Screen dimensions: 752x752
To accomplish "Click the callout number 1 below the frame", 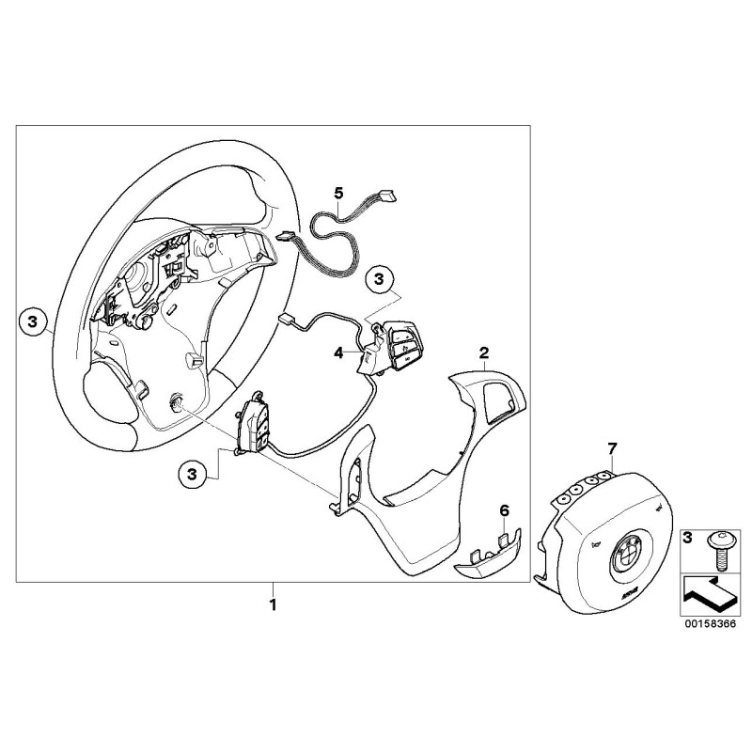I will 274,603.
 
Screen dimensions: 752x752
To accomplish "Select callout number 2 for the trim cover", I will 483,353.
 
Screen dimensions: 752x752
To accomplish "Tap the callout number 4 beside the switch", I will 339,353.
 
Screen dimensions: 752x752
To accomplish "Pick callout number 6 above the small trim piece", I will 504,510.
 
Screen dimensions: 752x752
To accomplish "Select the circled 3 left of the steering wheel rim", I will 32,321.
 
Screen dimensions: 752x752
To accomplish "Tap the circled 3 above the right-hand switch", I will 379,278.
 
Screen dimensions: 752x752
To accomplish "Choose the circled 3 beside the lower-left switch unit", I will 192,475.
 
